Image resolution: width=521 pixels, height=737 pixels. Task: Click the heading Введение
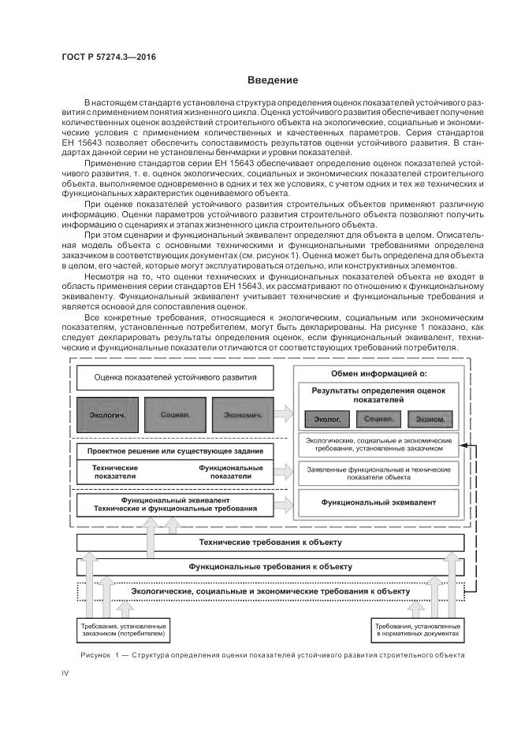pos(273,80)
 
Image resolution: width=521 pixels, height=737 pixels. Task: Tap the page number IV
pos(65,672)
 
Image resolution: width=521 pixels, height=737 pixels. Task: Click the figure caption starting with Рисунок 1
pos(272,655)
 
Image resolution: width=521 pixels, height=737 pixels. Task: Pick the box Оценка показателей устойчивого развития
pos(175,376)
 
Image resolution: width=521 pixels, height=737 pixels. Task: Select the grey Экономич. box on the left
pos(243,414)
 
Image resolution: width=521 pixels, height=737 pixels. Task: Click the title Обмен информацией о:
pos(378,373)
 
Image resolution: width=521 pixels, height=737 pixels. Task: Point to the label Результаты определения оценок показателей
pos(378,394)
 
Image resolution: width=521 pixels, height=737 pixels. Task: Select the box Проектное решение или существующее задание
pos(175,451)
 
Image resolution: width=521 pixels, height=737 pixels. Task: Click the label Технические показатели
pos(114,472)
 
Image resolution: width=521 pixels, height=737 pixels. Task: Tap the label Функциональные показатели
pos(225,472)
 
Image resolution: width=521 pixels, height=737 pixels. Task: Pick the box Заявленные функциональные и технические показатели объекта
pos(378,472)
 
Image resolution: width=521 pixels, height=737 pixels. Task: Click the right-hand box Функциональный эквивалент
pos(378,501)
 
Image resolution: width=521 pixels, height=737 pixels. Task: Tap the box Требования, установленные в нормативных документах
pos(415,630)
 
